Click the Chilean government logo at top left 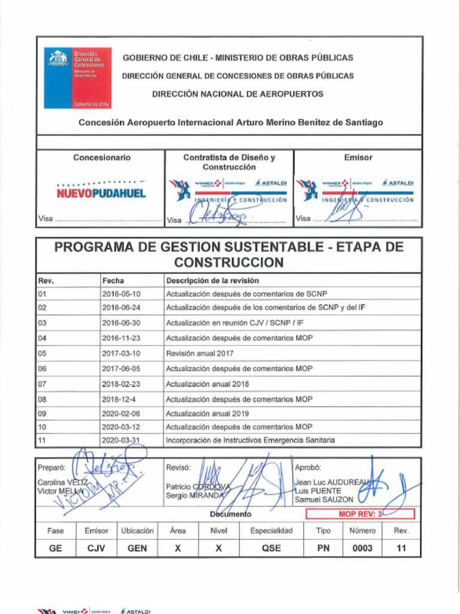77,78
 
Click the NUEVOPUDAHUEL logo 101,194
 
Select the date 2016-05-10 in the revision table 121,294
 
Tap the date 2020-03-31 121,440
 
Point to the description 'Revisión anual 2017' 199,354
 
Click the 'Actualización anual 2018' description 207,384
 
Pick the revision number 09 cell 42,414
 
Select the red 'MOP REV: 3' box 360,514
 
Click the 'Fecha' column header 113,281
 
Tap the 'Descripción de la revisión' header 212,281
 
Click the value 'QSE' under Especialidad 271,548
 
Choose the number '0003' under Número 362,548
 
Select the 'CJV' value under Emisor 96,548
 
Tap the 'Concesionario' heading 101,158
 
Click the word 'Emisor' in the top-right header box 358,158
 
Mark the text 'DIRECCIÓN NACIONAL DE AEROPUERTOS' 237,94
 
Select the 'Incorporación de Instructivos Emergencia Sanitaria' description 250,440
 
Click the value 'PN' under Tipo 323,548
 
